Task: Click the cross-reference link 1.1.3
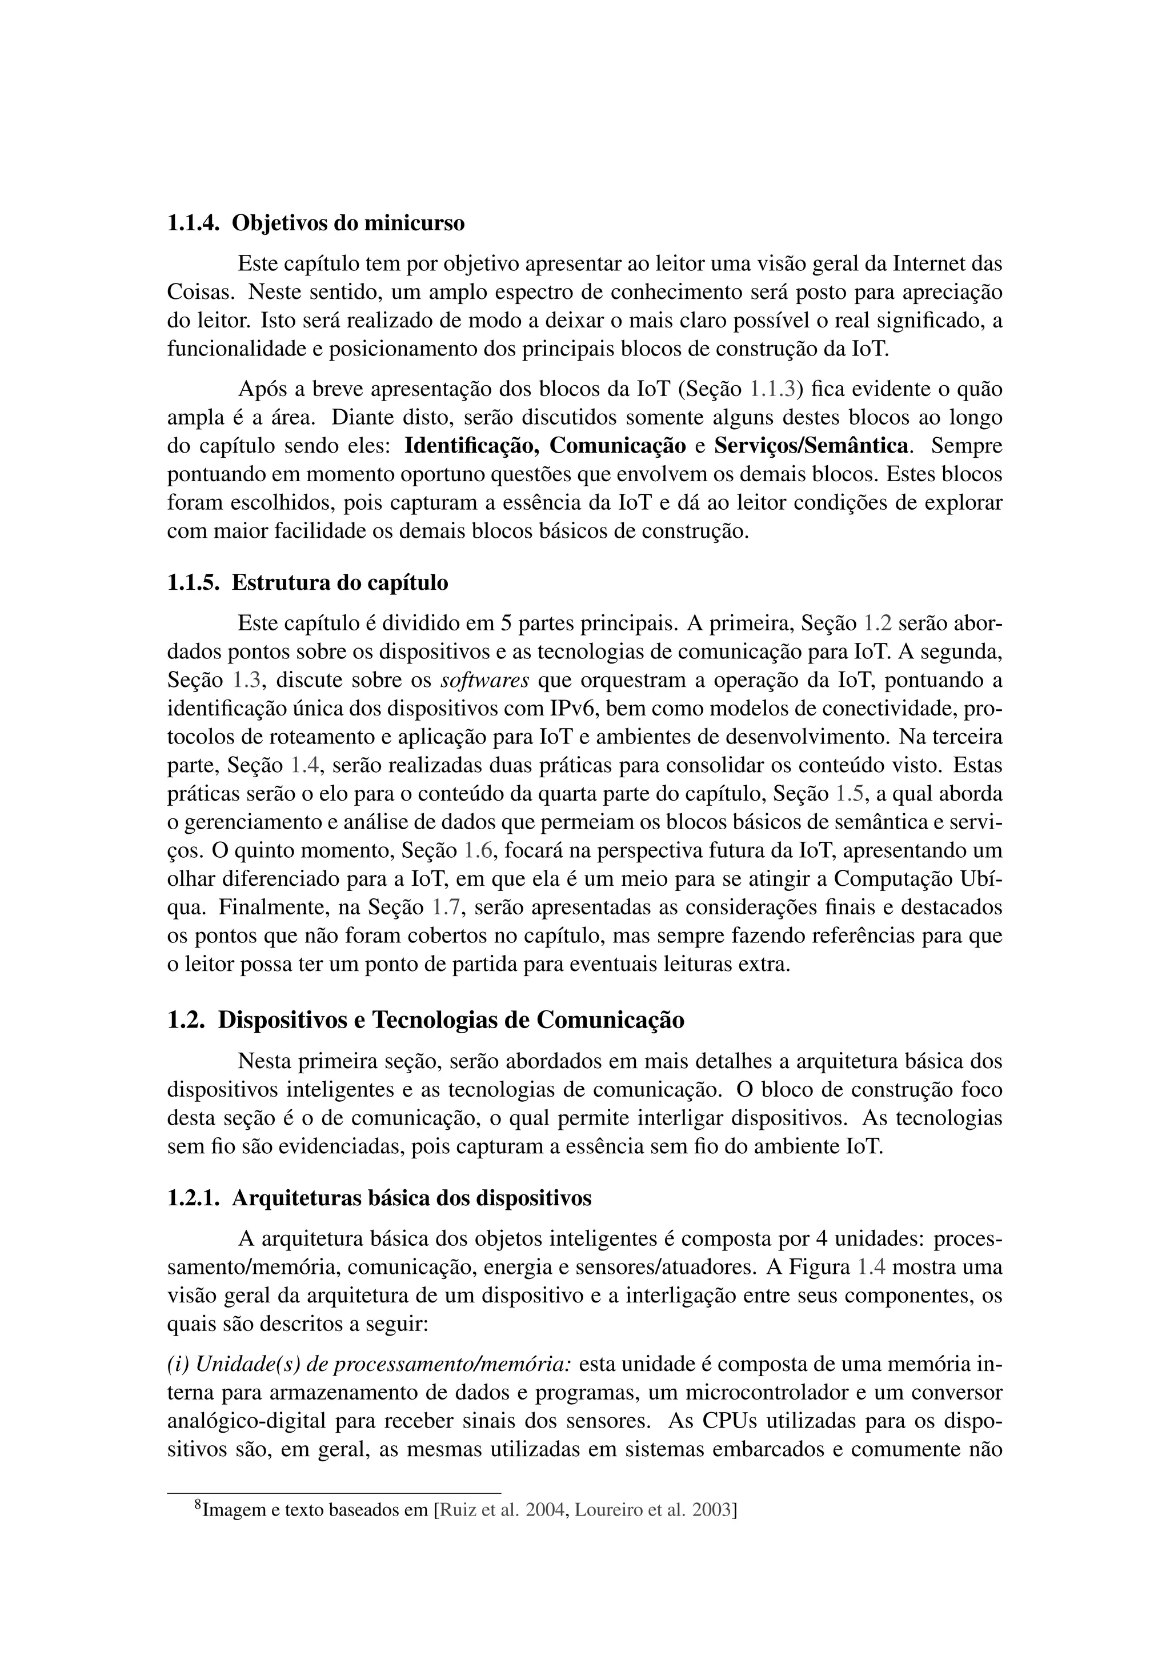point(772,389)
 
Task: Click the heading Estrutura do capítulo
point(339,582)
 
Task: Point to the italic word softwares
point(484,679)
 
